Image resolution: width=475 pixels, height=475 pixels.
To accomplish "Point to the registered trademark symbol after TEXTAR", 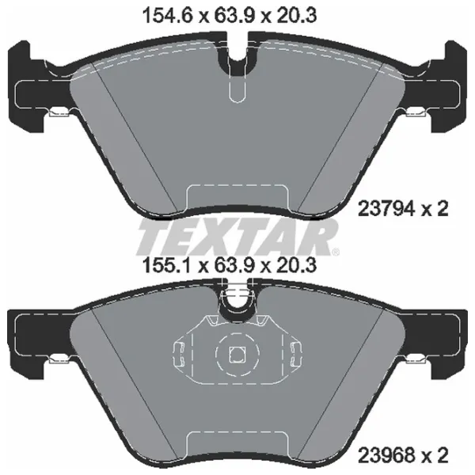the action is click(x=336, y=252).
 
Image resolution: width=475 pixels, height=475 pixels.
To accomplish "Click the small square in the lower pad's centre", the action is click(x=237, y=355).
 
